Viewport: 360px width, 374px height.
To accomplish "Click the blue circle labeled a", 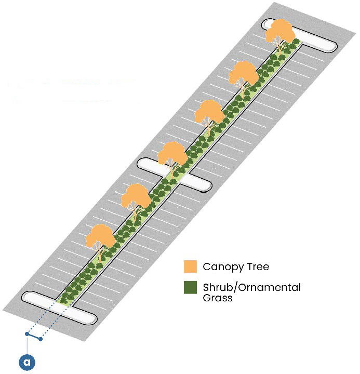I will click(26, 362).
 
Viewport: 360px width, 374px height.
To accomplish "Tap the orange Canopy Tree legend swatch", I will click(191, 266).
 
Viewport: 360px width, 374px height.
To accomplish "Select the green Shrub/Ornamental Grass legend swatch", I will click(191, 287).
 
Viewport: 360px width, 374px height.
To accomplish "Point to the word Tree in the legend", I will click(258, 267).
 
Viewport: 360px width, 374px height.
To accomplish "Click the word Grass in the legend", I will click(217, 299).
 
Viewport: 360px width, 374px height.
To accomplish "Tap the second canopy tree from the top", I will click(244, 75).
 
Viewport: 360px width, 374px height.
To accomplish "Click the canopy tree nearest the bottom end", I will click(101, 238).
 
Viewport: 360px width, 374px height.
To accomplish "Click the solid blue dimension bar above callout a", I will click(33, 336).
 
